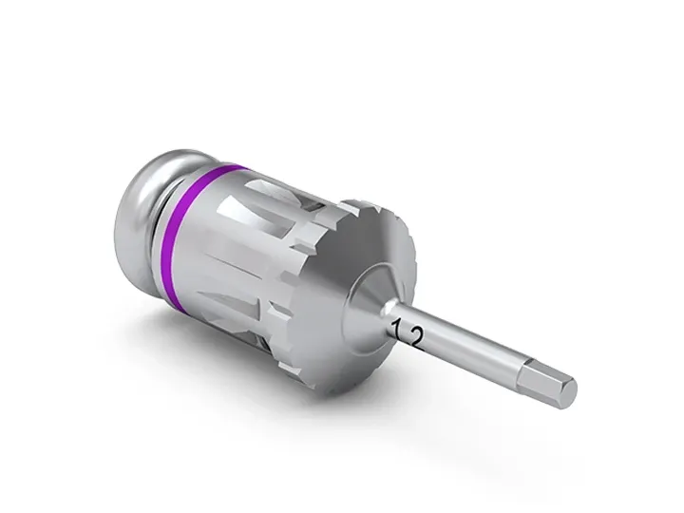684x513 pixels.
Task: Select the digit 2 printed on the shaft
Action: (416, 338)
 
